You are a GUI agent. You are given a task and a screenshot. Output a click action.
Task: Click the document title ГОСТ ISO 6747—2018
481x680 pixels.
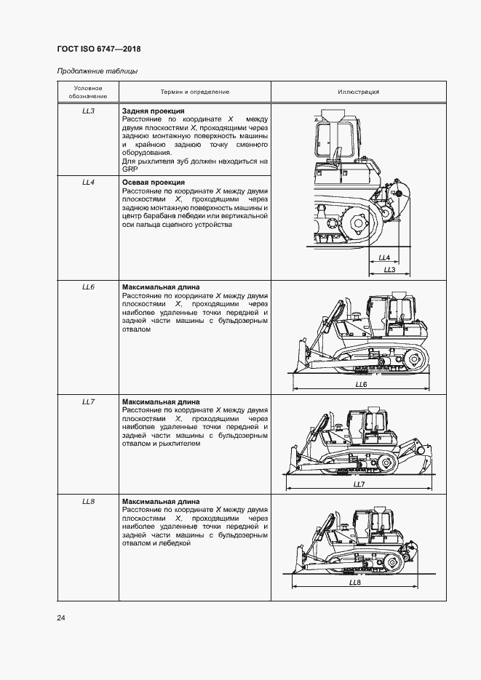(x=98, y=49)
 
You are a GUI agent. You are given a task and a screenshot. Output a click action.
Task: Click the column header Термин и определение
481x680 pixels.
(x=195, y=92)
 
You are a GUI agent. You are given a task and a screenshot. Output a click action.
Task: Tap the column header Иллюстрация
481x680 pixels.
(x=358, y=92)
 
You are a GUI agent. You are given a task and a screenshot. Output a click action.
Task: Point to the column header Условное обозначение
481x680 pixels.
(x=88, y=92)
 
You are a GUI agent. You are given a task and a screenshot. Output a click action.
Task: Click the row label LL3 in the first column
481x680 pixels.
(x=89, y=111)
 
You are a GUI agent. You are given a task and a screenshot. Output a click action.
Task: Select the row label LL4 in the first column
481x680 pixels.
(x=89, y=182)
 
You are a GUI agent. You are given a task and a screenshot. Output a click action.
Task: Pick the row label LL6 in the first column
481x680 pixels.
(x=89, y=287)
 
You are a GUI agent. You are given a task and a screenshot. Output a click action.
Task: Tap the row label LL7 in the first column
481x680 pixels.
(x=89, y=401)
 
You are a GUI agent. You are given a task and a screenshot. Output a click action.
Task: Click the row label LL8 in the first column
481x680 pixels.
(x=89, y=502)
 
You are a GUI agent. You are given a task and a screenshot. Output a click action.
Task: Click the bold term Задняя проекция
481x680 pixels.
(x=153, y=111)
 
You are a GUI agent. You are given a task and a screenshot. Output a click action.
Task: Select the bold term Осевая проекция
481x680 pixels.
(x=154, y=182)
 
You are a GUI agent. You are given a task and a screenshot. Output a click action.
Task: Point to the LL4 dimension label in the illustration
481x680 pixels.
(x=385, y=258)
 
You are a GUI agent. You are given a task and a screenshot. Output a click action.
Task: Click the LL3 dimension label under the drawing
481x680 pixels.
(x=389, y=271)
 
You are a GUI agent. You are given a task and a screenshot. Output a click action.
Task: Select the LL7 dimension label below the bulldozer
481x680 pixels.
(x=358, y=484)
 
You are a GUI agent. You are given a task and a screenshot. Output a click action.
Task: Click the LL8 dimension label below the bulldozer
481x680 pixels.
(x=355, y=584)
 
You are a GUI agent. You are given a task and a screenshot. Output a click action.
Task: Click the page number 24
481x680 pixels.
(x=61, y=618)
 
